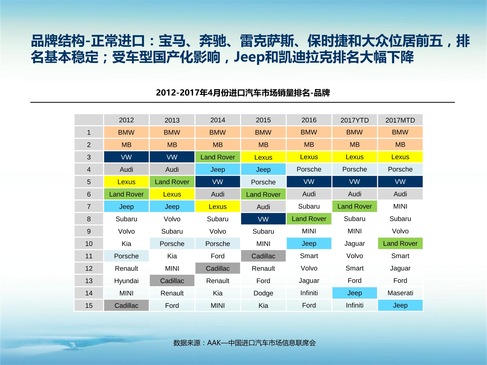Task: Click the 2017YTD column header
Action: [x=355, y=120]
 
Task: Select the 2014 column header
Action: [x=218, y=120]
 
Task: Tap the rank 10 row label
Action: [x=89, y=244]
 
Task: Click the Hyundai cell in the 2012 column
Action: [x=126, y=281]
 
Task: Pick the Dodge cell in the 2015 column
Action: [x=263, y=293]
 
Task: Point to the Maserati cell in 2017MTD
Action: [x=400, y=293]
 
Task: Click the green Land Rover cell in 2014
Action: [x=218, y=157]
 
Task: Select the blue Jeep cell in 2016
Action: [x=309, y=243]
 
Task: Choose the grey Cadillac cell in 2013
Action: [x=172, y=281]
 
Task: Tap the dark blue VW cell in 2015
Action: [x=263, y=219]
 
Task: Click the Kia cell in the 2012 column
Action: [x=126, y=244]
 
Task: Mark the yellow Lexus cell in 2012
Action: [x=126, y=182]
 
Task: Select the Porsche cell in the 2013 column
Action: [x=172, y=244]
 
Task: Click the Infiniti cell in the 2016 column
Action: [x=309, y=293]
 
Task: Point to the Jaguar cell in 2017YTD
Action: [x=355, y=243]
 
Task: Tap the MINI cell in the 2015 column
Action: [x=263, y=244]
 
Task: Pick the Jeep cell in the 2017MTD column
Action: [x=400, y=305]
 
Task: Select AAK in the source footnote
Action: [x=214, y=343]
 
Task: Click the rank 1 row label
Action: [x=89, y=132]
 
